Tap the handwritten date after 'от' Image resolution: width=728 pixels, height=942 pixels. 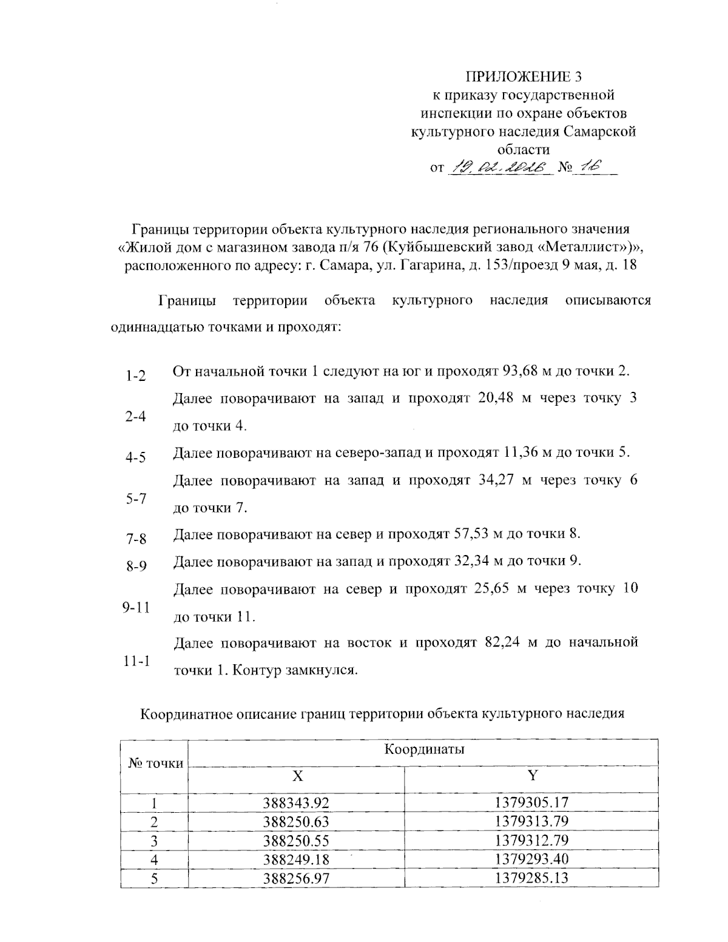498,167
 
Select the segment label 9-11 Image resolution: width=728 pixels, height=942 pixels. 136,607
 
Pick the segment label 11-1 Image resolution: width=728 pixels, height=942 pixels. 136,661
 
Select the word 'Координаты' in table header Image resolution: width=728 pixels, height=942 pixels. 424,749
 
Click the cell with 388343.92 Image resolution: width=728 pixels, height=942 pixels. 296,803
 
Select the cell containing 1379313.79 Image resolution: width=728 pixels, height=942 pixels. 531,821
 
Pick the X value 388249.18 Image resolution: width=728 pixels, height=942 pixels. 296,859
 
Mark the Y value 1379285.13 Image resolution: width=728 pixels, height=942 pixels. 531,877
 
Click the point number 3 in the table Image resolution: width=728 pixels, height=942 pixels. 154,840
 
